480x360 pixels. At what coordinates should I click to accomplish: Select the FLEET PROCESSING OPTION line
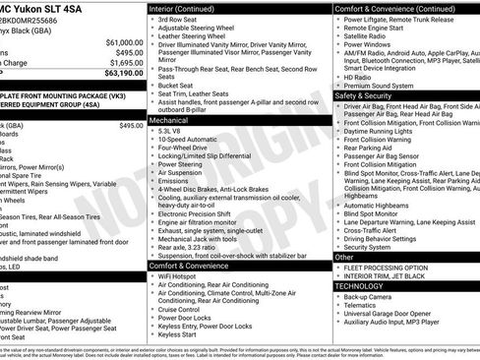point(390,268)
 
